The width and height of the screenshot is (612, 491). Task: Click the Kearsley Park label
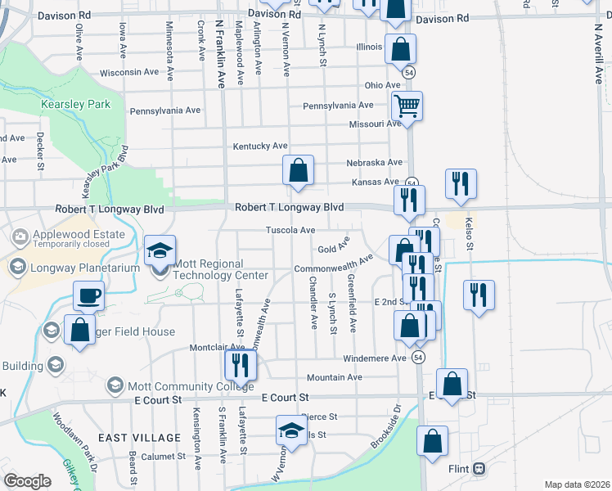75,105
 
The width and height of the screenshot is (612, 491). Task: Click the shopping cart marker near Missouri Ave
406,106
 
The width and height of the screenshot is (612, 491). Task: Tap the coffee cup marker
88,295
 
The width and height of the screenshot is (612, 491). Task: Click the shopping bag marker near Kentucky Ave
299,171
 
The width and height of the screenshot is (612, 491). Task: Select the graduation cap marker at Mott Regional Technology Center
160,251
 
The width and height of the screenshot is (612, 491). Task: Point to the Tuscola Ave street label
290,230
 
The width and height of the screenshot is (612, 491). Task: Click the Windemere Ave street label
375,358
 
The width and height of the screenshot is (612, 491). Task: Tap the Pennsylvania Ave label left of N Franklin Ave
164,110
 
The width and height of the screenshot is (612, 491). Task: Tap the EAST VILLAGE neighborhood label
139,438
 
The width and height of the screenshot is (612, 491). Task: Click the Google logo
27,481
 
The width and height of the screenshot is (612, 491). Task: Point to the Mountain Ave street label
334,377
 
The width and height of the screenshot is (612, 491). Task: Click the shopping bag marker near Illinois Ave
400,49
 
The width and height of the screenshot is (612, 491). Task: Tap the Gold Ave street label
333,247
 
